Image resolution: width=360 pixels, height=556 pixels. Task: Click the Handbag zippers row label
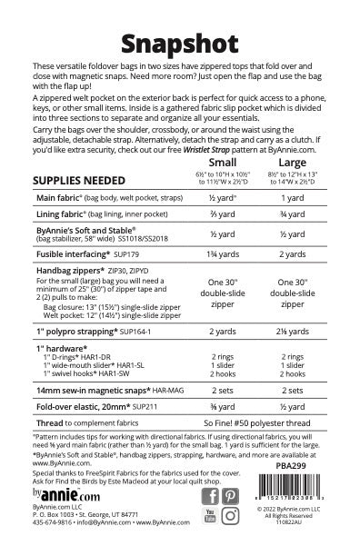[x=73, y=273]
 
